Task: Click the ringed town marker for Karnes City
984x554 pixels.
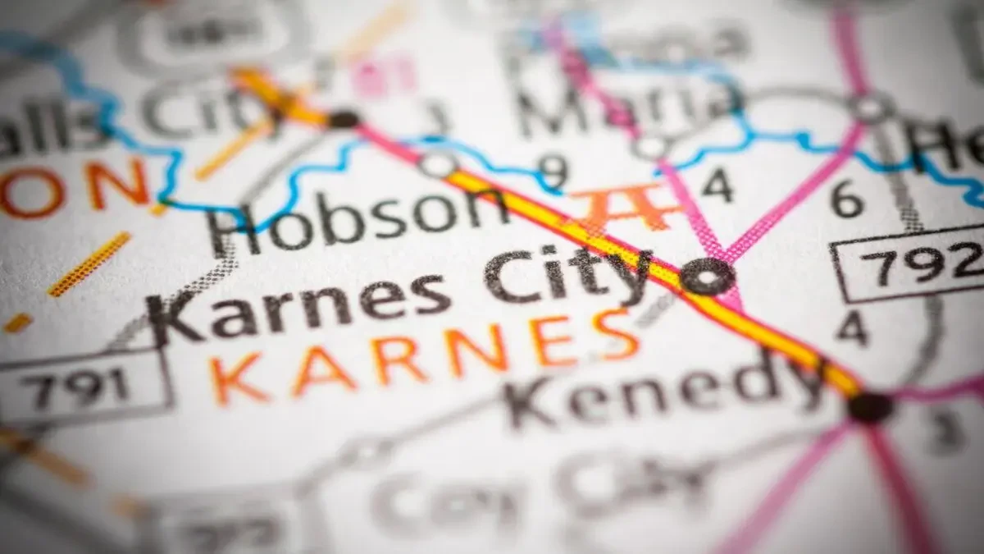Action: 707,276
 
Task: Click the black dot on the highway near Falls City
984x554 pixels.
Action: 344,119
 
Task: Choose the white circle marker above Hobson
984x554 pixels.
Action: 437,164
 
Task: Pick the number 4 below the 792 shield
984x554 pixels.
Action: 852,328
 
